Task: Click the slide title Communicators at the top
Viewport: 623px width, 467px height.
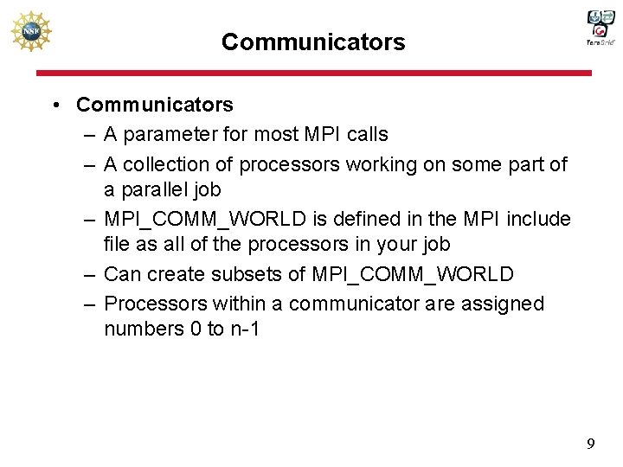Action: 312,42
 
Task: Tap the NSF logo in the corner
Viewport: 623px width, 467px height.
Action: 31,33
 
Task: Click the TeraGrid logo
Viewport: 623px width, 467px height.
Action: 600,28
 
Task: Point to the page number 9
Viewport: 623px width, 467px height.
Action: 590,445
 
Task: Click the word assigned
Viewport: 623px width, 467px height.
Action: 505,304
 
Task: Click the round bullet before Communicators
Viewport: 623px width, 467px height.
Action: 55,106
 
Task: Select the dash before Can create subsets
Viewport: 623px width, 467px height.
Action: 90,275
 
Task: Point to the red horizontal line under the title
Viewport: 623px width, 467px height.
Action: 311,74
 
